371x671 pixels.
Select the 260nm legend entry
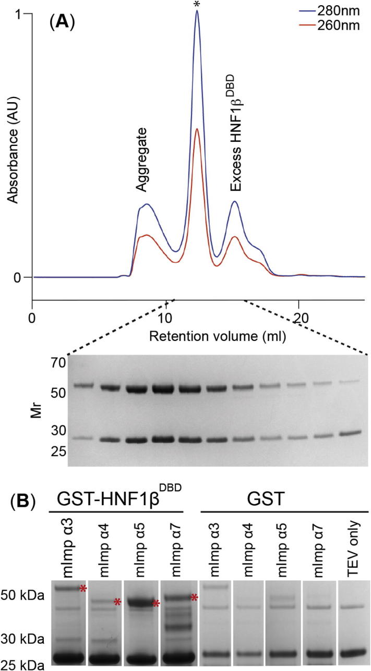(344, 25)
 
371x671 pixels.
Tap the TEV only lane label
(354, 547)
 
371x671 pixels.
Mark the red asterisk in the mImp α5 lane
(156, 604)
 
